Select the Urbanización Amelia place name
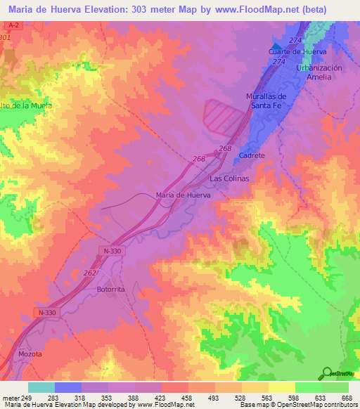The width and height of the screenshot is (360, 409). coord(319,72)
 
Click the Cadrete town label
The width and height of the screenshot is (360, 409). coord(252,155)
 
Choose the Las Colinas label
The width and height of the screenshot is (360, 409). coord(230,178)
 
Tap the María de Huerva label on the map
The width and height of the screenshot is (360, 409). coord(183,195)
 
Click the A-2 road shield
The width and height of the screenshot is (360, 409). coord(11,25)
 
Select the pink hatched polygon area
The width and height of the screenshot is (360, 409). coord(224,116)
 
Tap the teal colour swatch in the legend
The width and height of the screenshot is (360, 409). coord(41,387)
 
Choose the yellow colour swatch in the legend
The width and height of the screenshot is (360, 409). coord(282,387)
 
